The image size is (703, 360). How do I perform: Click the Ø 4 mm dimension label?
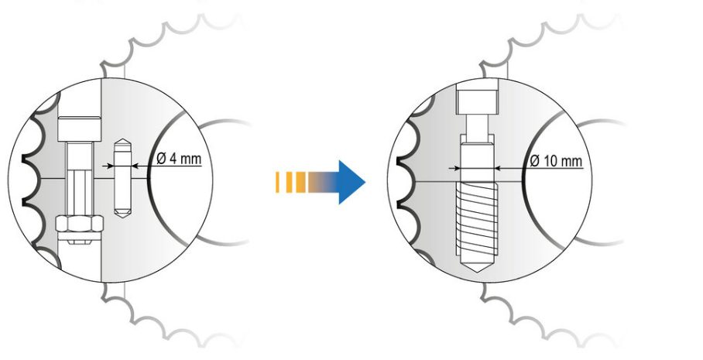(179, 159)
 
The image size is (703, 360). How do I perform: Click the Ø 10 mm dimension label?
(556, 161)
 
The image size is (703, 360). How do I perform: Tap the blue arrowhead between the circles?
(352, 182)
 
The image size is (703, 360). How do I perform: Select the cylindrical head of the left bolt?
(79, 129)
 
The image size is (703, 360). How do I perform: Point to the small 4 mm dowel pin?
(122, 178)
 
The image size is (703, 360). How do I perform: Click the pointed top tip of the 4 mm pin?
(122, 139)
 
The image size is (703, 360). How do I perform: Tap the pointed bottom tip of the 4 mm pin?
(122, 217)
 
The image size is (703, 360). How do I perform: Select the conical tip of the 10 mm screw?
(477, 263)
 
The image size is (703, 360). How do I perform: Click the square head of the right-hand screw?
(477, 101)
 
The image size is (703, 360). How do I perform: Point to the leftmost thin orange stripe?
(277, 183)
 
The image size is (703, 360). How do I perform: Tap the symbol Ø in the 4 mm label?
(161, 159)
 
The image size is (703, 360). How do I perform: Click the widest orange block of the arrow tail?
(301, 183)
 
